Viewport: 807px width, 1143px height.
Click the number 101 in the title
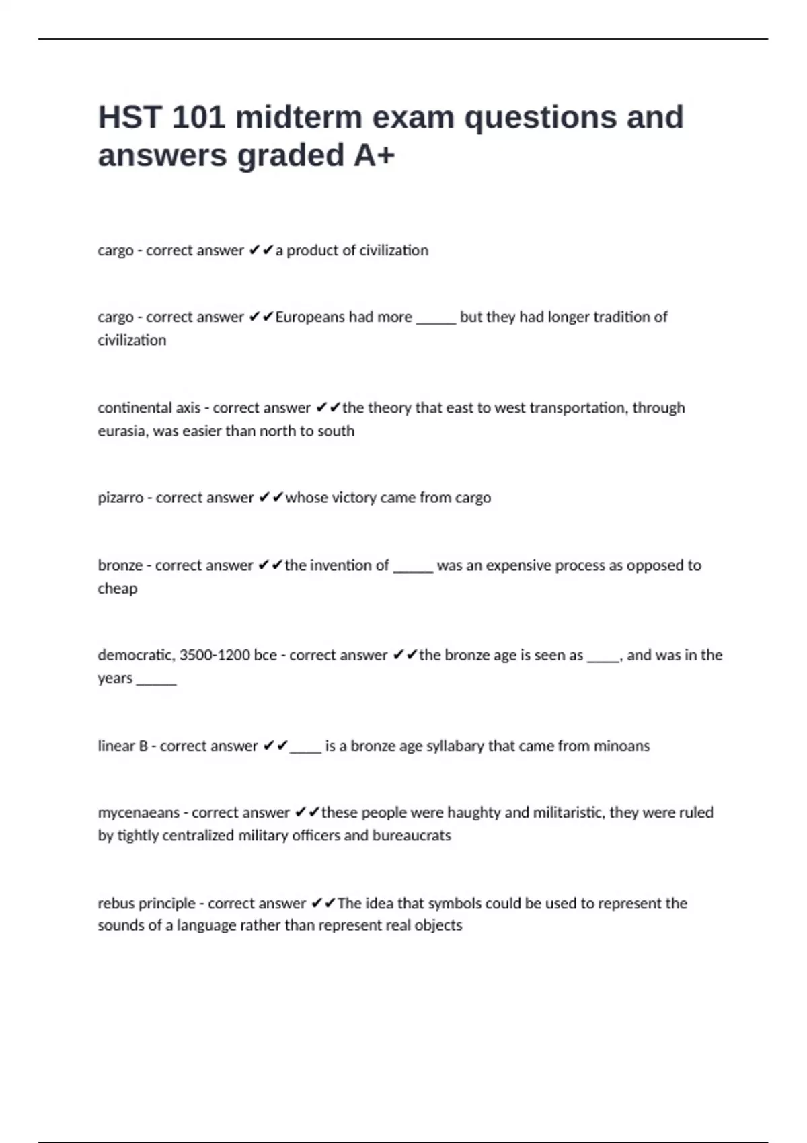click(198, 118)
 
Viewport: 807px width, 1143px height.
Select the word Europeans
click(309, 317)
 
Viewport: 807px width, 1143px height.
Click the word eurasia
click(121, 431)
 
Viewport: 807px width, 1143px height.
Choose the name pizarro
click(120, 498)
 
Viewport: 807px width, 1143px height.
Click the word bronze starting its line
click(120, 565)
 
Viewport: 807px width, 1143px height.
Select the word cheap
click(117, 588)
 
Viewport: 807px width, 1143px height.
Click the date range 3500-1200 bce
click(228, 655)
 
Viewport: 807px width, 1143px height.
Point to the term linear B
click(122, 746)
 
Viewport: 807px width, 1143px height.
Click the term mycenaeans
click(139, 812)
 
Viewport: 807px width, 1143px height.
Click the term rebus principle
click(146, 903)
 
